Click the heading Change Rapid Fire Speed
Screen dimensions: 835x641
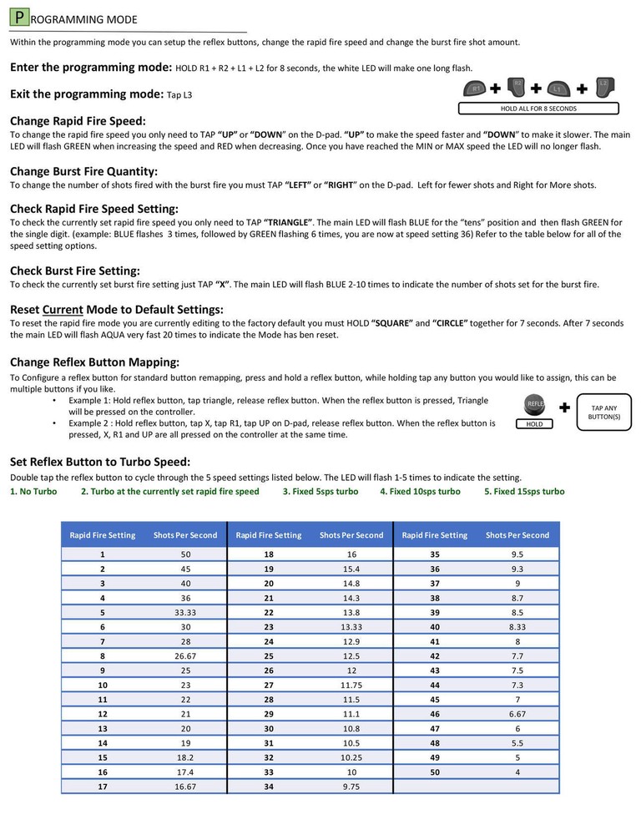(x=78, y=121)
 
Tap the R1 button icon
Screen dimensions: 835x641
(x=476, y=88)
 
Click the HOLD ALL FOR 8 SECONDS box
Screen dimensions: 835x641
(x=538, y=109)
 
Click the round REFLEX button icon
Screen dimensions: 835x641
(x=534, y=404)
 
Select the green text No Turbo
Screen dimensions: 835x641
(x=33, y=492)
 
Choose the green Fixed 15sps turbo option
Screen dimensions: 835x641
(x=524, y=492)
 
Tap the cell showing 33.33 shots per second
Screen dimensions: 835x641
(x=185, y=611)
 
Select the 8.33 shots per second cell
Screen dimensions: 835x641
(x=517, y=625)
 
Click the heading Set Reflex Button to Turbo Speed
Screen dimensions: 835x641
(x=99, y=462)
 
